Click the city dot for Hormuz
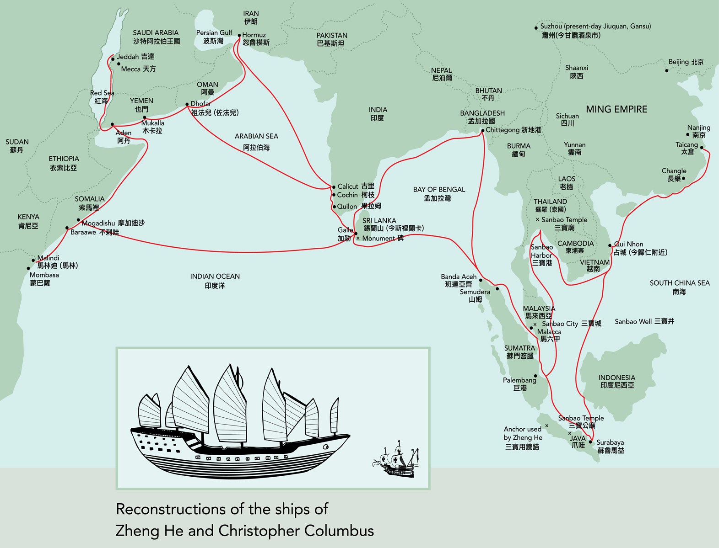(239, 35)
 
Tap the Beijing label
(686, 62)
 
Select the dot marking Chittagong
(482, 131)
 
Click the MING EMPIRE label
(616, 109)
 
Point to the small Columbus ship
(396, 460)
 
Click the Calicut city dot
(334, 187)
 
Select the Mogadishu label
(113, 223)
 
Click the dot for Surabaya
(590, 442)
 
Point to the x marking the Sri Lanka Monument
(358, 239)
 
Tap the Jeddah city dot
(113, 59)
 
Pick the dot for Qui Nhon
(610, 245)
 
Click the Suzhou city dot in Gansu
(536, 28)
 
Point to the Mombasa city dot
(28, 269)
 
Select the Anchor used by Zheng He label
(522, 438)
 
